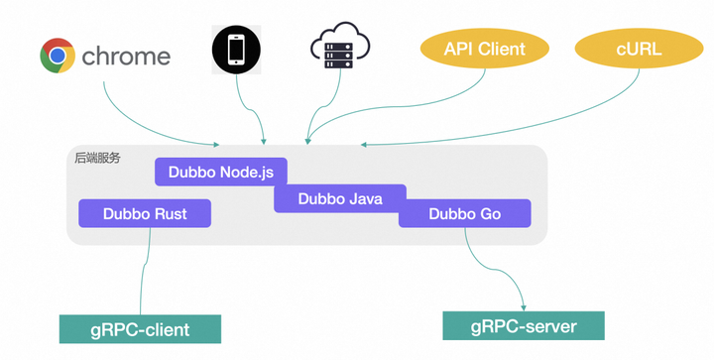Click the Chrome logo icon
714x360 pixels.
58,56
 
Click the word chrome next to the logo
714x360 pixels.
126,57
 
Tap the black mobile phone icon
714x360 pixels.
236,49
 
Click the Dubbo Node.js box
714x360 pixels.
220,172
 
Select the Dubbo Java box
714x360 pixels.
340,198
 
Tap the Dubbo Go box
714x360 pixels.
464,213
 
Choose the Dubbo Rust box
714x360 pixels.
144,213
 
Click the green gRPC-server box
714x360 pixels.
523,325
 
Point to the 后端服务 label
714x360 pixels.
97,157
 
